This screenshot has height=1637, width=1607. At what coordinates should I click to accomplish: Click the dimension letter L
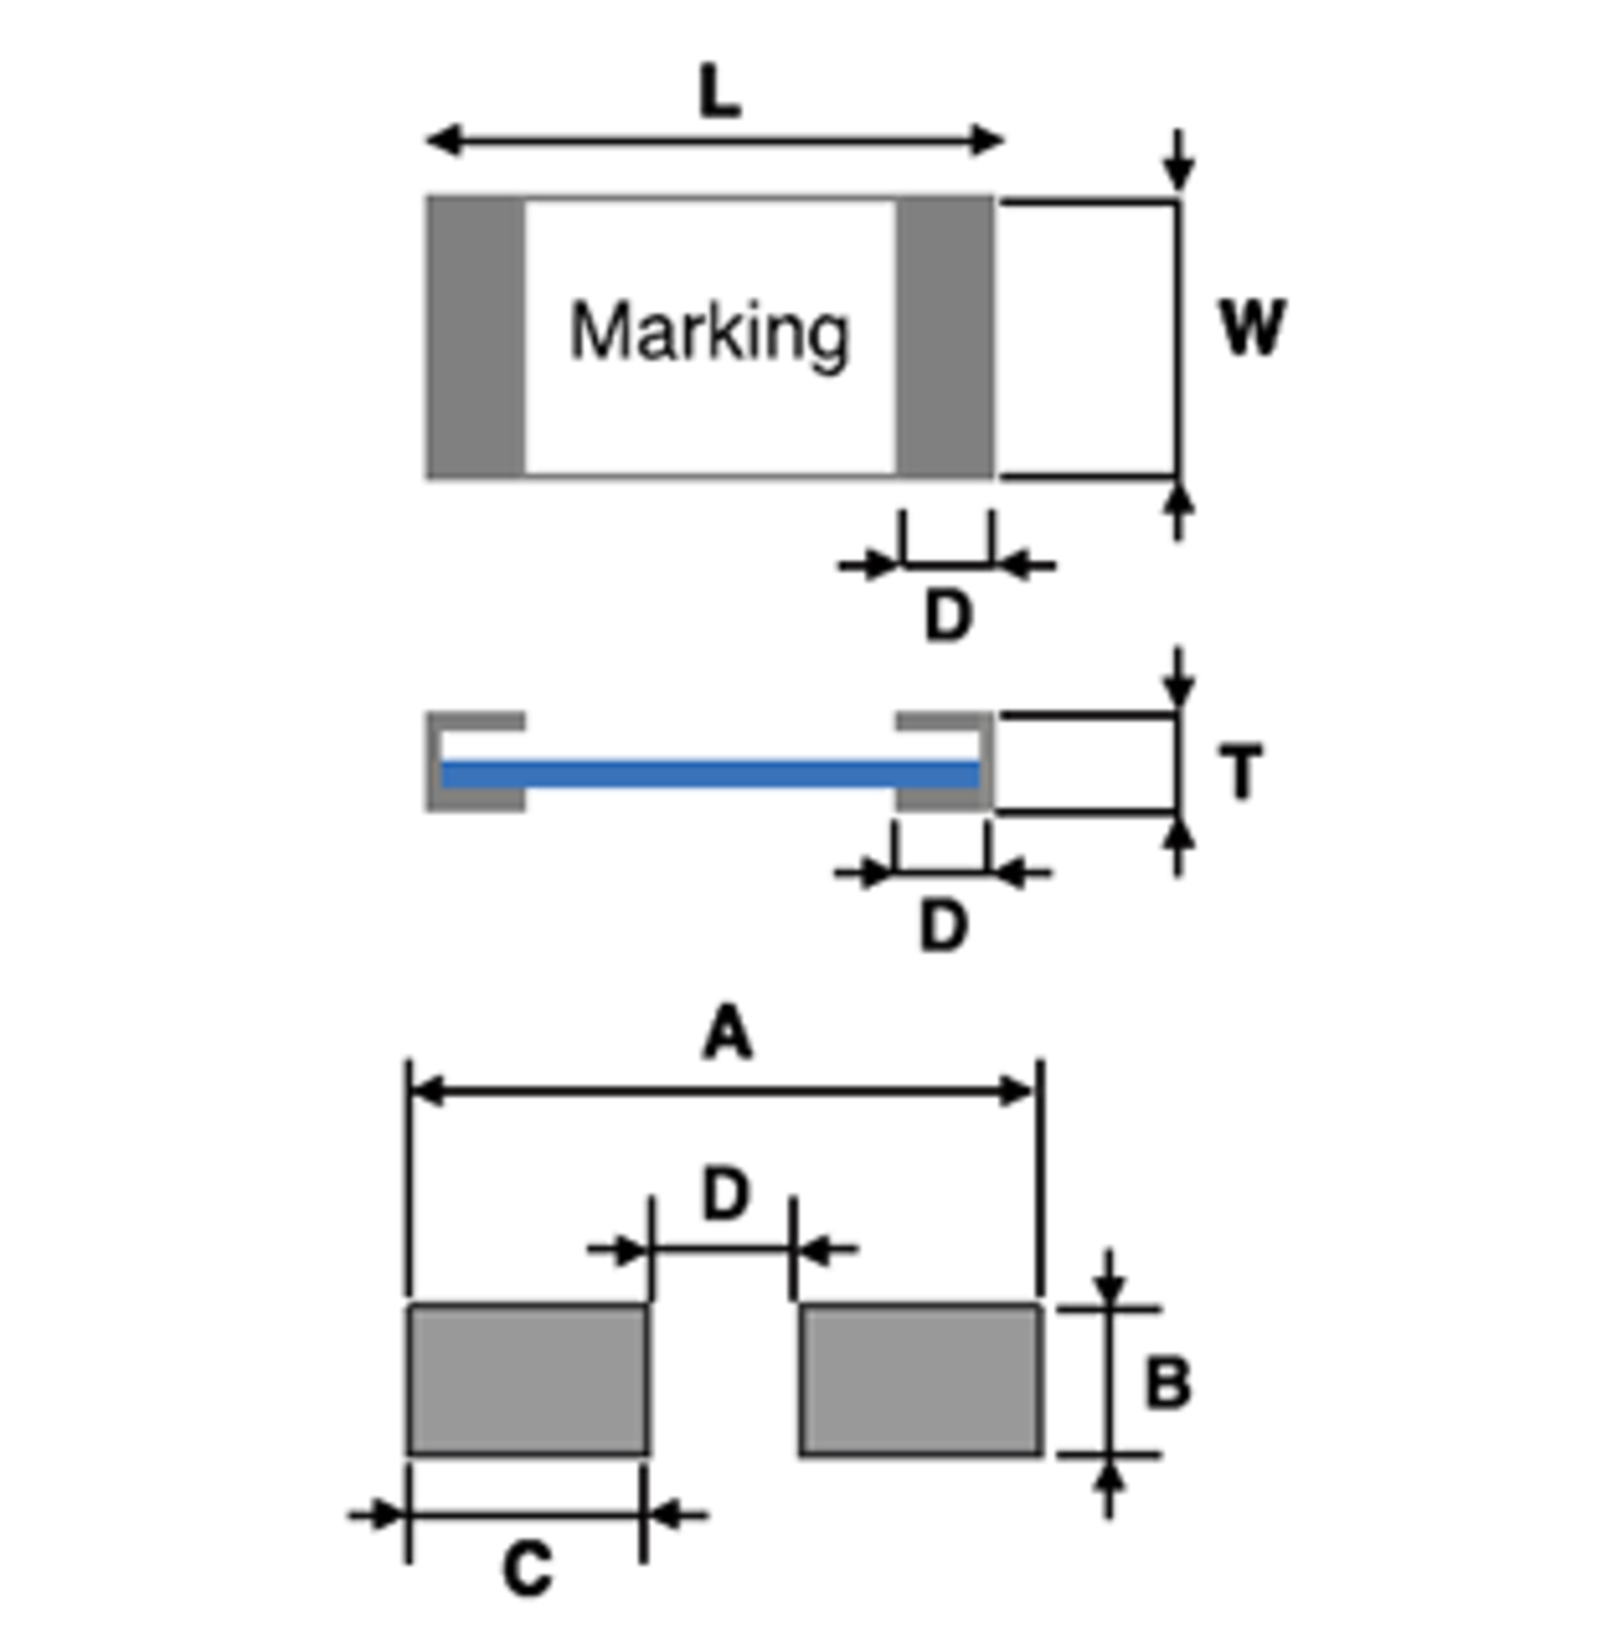720,92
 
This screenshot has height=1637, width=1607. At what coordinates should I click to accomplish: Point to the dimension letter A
727,1031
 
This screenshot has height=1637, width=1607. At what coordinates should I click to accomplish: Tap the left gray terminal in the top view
475,338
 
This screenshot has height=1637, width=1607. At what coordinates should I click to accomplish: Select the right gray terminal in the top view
945,338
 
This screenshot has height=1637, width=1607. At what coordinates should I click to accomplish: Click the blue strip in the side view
710,773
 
